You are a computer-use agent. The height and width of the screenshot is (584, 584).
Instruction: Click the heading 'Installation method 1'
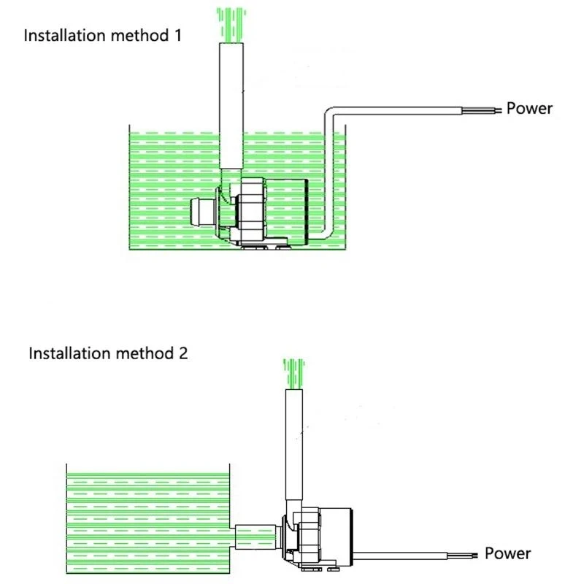(x=102, y=35)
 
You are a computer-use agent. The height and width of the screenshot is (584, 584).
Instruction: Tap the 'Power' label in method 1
(x=529, y=109)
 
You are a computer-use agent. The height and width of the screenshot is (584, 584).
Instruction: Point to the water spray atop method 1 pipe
(x=231, y=22)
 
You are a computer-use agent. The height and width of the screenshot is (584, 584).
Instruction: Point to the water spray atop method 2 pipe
(x=293, y=372)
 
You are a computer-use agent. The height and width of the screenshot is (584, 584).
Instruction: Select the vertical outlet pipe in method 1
(x=231, y=109)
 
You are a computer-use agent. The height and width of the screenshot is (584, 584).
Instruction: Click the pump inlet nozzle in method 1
(x=199, y=212)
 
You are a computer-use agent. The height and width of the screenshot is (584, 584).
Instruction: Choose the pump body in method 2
(x=321, y=540)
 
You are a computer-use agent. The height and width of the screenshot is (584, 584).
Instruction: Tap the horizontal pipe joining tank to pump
(x=255, y=537)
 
